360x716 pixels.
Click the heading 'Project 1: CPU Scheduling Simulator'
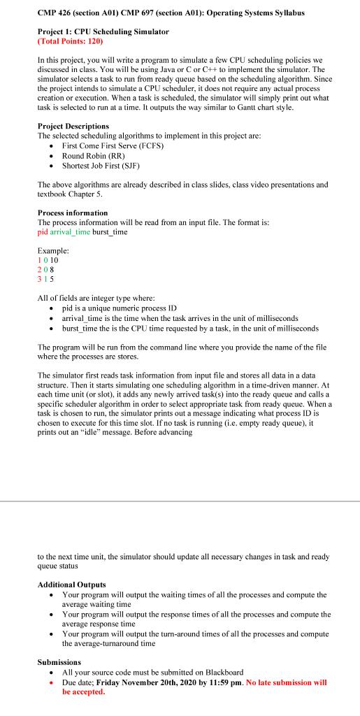tap(103, 32)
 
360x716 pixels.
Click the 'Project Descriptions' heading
tap(75, 126)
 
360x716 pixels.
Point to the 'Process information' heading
tap(73, 212)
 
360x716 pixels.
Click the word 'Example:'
tap(53, 250)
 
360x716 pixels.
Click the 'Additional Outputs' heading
tap(71, 584)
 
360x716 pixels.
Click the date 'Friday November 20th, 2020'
tap(152, 682)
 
